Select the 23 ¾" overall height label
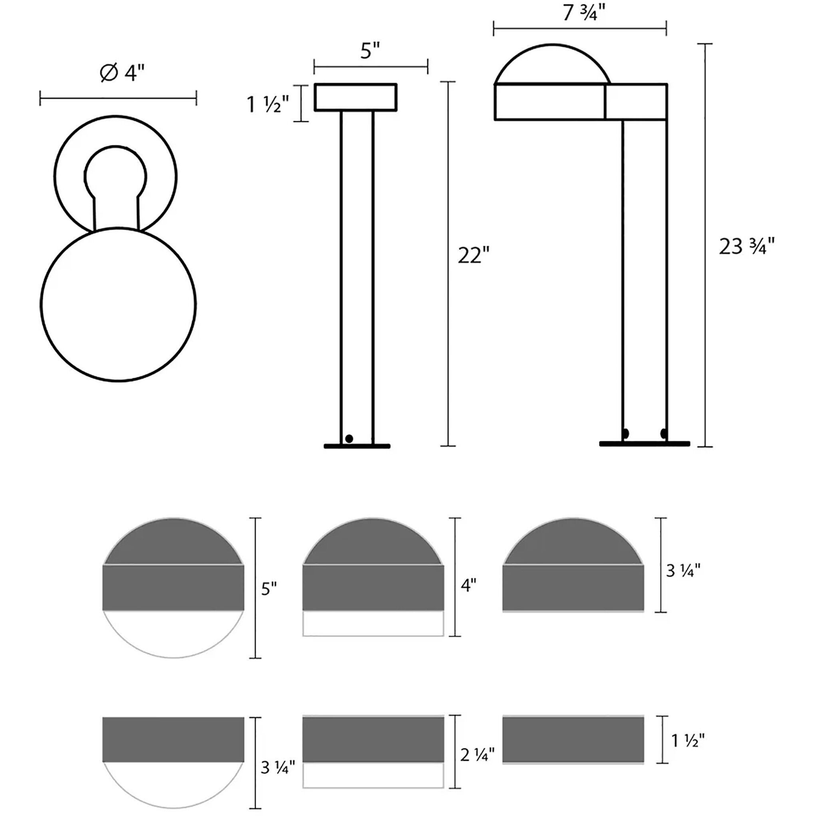point(746,247)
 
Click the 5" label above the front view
point(370,51)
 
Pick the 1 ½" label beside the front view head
point(268,104)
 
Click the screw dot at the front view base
point(349,438)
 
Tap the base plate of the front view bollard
point(357,446)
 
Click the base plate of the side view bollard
point(644,444)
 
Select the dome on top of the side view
point(552,65)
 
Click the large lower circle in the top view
point(118,304)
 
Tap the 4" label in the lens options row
point(468,585)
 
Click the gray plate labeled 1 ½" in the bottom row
point(573,740)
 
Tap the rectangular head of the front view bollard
point(355,97)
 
